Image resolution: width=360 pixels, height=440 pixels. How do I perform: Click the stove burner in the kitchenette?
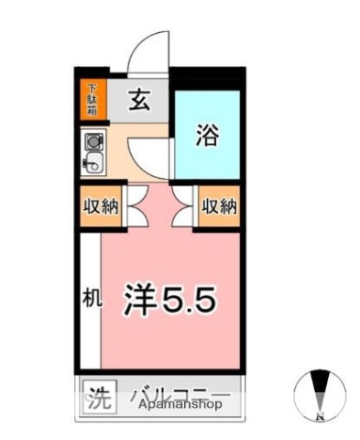pos(93,143)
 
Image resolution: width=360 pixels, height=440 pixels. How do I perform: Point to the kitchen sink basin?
pos(93,165)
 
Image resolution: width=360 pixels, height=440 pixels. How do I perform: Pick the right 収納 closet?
pos(218,206)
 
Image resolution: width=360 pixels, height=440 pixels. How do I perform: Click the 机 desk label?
pos(89,298)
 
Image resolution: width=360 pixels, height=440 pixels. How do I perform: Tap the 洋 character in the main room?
pos(140,299)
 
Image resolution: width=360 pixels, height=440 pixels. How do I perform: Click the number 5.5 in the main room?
pos(193,299)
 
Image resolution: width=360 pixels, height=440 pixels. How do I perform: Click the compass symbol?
pos(320,389)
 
